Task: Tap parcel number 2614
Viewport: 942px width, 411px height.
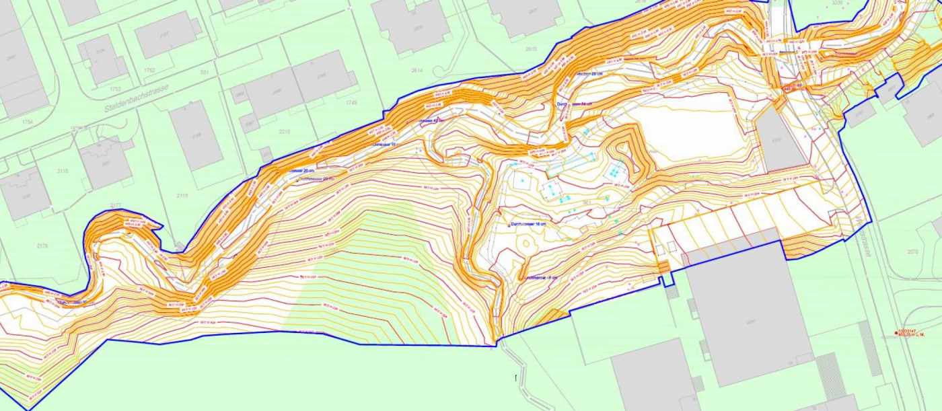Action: tap(416, 70)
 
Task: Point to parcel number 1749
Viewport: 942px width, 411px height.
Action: tap(351, 103)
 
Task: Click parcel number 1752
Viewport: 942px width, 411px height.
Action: tap(149, 70)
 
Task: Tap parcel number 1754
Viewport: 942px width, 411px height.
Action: tap(27, 122)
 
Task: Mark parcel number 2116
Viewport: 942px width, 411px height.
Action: tap(182, 196)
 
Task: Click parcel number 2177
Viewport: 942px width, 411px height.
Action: tap(114, 205)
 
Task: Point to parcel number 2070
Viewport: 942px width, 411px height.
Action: tap(912, 252)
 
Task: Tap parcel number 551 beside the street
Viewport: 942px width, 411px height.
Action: tap(205, 72)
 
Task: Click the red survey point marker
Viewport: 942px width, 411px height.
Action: tap(896, 332)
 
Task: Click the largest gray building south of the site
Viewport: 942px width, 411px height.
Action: tap(747, 309)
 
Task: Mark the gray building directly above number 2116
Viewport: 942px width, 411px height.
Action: tap(195, 135)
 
